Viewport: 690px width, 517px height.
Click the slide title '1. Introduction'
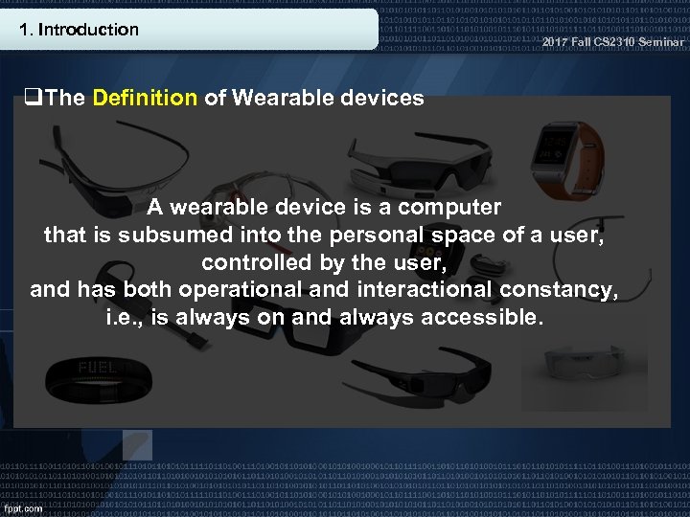[79, 30]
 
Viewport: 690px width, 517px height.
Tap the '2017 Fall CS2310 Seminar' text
[613, 42]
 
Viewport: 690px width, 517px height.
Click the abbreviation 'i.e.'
[126, 317]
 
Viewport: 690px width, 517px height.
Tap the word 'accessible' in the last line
[487, 317]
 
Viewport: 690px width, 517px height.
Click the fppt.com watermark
[23, 507]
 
